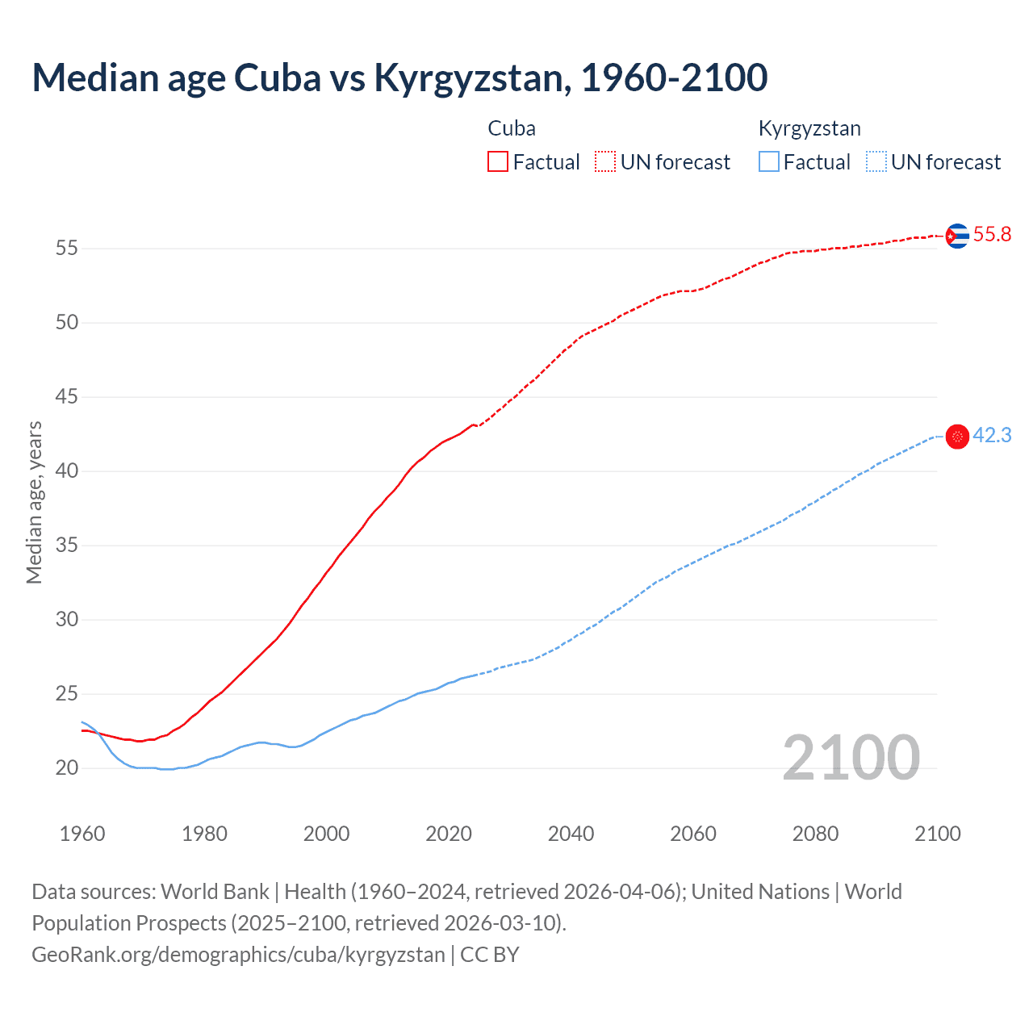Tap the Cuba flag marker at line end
pos(957,236)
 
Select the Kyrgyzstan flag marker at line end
pos(957,437)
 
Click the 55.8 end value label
pos(992,235)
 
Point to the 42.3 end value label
pos(992,436)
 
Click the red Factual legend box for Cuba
pos(498,162)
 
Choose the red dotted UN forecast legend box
pos(605,162)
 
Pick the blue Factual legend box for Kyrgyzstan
pos(769,162)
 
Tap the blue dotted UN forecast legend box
pos(876,162)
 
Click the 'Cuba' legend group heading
pos(512,128)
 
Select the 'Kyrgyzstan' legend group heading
pos(809,128)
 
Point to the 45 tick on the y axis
pos(67,397)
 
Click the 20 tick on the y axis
pos(67,768)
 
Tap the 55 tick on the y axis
pos(67,249)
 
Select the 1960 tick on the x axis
pos(82,834)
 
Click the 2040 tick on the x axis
pos(571,834)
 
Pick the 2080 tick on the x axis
pos(815,834)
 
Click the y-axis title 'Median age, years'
pos(34,502)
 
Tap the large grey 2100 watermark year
pos(851,758)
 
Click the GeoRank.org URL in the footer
pos(238,955)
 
